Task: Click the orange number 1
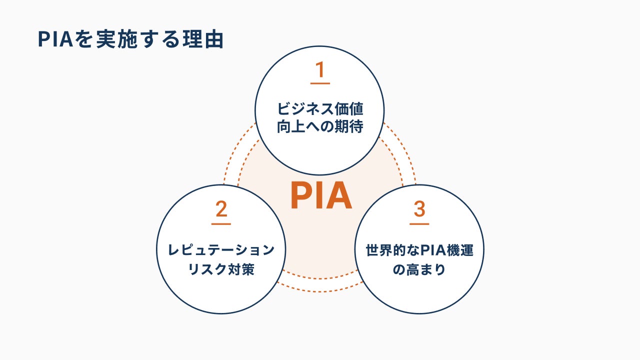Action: (x=320, y=70)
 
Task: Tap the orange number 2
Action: (x=221, y=209)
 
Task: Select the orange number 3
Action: (x=419, y=209)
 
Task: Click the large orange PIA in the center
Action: (x=321, y=196)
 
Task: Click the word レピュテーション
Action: (x=221, y=250)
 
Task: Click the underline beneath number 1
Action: (x=320, y=83)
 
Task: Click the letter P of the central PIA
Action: (x=301, y=196)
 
